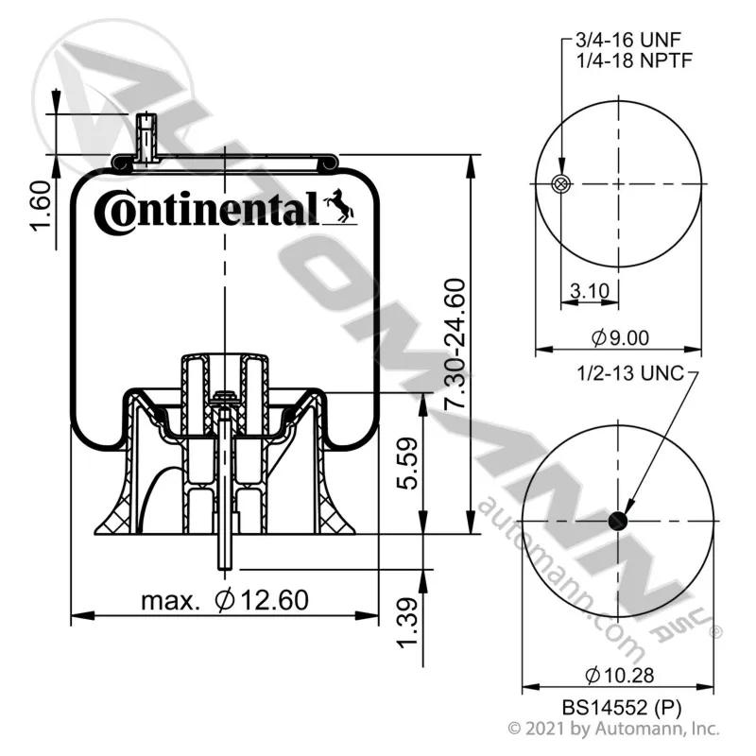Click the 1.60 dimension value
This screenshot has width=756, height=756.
41,206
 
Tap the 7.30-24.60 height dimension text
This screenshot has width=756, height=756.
455,344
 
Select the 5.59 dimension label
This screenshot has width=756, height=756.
408,463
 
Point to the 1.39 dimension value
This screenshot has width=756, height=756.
408,623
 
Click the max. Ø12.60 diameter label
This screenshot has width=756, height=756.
225,600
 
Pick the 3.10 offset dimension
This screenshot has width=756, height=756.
589,291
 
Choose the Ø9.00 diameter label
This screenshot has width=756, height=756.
620,337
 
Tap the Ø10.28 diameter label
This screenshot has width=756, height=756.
620,675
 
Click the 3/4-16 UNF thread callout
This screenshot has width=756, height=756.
628,40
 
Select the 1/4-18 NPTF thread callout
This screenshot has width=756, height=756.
634,60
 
